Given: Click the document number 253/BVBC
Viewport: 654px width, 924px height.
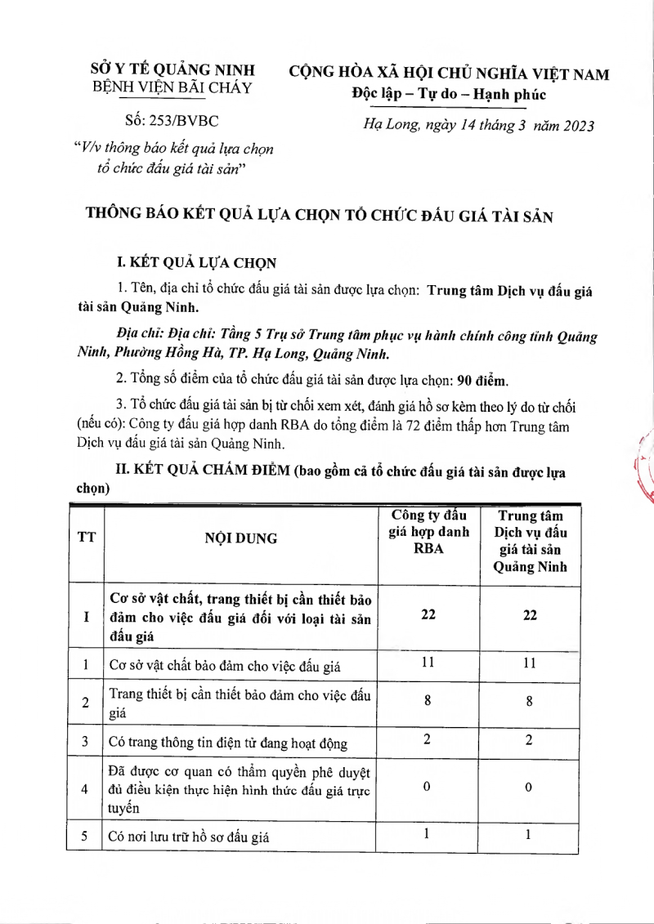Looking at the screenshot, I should click(172, 121).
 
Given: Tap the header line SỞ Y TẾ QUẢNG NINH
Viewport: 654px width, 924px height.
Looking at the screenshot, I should click(172, 69).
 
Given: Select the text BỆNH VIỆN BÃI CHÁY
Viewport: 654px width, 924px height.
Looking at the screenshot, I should click(172, 87).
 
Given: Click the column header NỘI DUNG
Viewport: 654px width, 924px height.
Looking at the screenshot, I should click(241, 538).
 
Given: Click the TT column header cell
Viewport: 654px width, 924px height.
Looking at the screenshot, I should click(85, 538).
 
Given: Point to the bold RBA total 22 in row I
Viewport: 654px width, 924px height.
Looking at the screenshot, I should click(428, 614).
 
